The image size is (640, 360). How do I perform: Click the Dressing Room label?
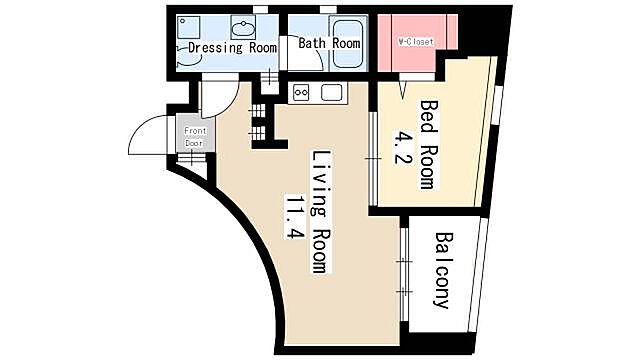point(232,47)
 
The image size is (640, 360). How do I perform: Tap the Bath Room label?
point(329,43)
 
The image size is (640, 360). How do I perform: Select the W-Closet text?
point(416,42)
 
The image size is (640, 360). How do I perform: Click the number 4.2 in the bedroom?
point(400,147)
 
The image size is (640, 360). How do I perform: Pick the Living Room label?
point(321,212)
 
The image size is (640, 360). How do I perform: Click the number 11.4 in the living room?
point(295,217)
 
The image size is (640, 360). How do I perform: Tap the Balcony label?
point(443,270)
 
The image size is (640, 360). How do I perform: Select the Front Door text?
point(195,137)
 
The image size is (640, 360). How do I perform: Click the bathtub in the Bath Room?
point(347,44)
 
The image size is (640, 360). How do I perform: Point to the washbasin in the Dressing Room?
point(243,27)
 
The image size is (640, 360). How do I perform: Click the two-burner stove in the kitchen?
point(301,93)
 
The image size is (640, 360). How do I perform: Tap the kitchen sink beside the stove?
point(331,93)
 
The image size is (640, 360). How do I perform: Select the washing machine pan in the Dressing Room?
point(189,27)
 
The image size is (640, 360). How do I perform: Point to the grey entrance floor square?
point(195,133)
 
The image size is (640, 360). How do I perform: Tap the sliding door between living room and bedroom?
point(373,158)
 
